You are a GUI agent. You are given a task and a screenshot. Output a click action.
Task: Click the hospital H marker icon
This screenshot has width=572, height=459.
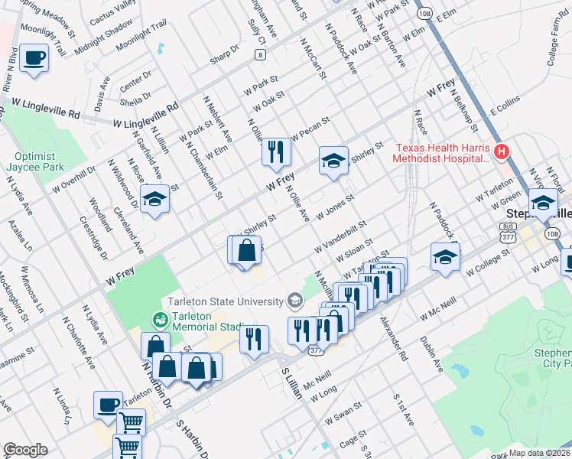[x=502, y=152]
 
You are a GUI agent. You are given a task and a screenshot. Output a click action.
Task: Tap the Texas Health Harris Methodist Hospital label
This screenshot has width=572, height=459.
[x=440, y=154]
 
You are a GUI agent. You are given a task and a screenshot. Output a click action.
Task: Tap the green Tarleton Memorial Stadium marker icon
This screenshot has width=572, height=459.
[x=160, y=318]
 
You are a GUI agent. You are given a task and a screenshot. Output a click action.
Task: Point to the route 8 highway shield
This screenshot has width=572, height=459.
[x=262, y=54]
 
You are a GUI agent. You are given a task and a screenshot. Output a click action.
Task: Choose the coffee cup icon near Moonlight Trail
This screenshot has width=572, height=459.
[x=34, y=59]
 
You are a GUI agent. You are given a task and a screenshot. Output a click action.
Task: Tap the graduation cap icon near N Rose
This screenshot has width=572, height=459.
[x=155, y=200]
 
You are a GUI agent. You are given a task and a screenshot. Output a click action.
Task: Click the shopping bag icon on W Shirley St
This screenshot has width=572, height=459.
[x=247, y=251]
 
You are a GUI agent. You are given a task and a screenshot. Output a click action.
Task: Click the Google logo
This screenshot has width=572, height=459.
[x=25, y=450]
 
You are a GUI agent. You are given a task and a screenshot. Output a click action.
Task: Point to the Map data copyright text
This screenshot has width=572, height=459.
[x=538, y=453]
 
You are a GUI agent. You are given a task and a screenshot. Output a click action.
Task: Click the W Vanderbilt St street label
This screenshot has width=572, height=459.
[x=340, y=238]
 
